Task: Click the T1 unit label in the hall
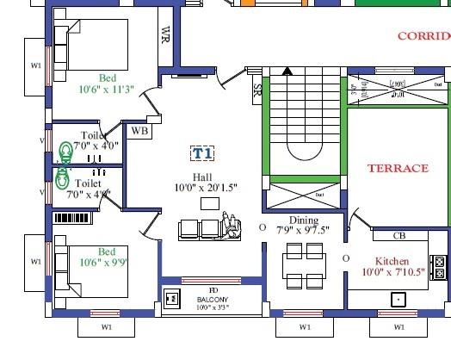coord(204,153)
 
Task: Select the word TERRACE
coord(398,169)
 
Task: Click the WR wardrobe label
coord(165,35)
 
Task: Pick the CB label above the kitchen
coord(399,235)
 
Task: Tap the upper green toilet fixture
coord(65,152)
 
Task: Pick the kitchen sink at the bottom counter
coord(398,299)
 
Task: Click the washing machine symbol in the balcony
coord(172,300)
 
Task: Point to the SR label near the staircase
coord(257,90)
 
